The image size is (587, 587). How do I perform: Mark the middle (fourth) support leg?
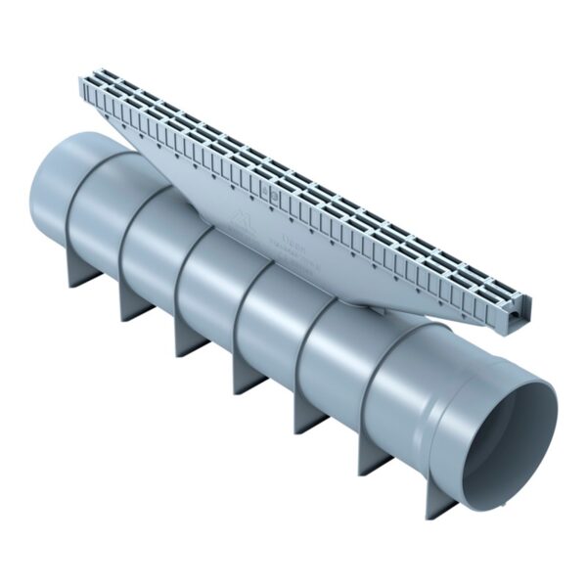click(248, 373)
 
